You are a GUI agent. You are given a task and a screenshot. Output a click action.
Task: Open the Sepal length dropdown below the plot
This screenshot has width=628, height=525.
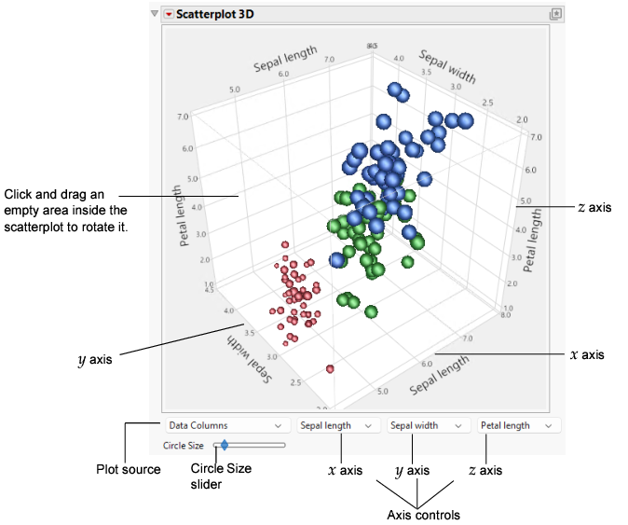point(336,425)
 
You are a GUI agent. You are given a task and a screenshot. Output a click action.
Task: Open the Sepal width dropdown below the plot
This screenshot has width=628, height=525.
point(426,425)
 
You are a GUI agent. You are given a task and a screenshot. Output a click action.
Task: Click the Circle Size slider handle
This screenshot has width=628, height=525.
point(224,446)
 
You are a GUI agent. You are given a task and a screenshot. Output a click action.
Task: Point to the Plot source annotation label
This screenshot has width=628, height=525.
point(130,470)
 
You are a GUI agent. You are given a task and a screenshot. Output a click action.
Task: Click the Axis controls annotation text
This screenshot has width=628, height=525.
point(423,515)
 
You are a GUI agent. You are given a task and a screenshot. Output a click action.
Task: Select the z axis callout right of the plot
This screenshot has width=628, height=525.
point(594,207)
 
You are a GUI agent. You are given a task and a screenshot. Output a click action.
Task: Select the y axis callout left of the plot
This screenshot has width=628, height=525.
point(95,357)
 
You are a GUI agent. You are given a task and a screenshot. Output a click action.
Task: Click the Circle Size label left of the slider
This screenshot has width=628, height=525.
point(184,446)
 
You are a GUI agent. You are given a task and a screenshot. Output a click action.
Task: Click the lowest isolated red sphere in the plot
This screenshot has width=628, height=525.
point(331,370)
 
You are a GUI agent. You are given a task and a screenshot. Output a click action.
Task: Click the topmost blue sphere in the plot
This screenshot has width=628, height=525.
point(395,91)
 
